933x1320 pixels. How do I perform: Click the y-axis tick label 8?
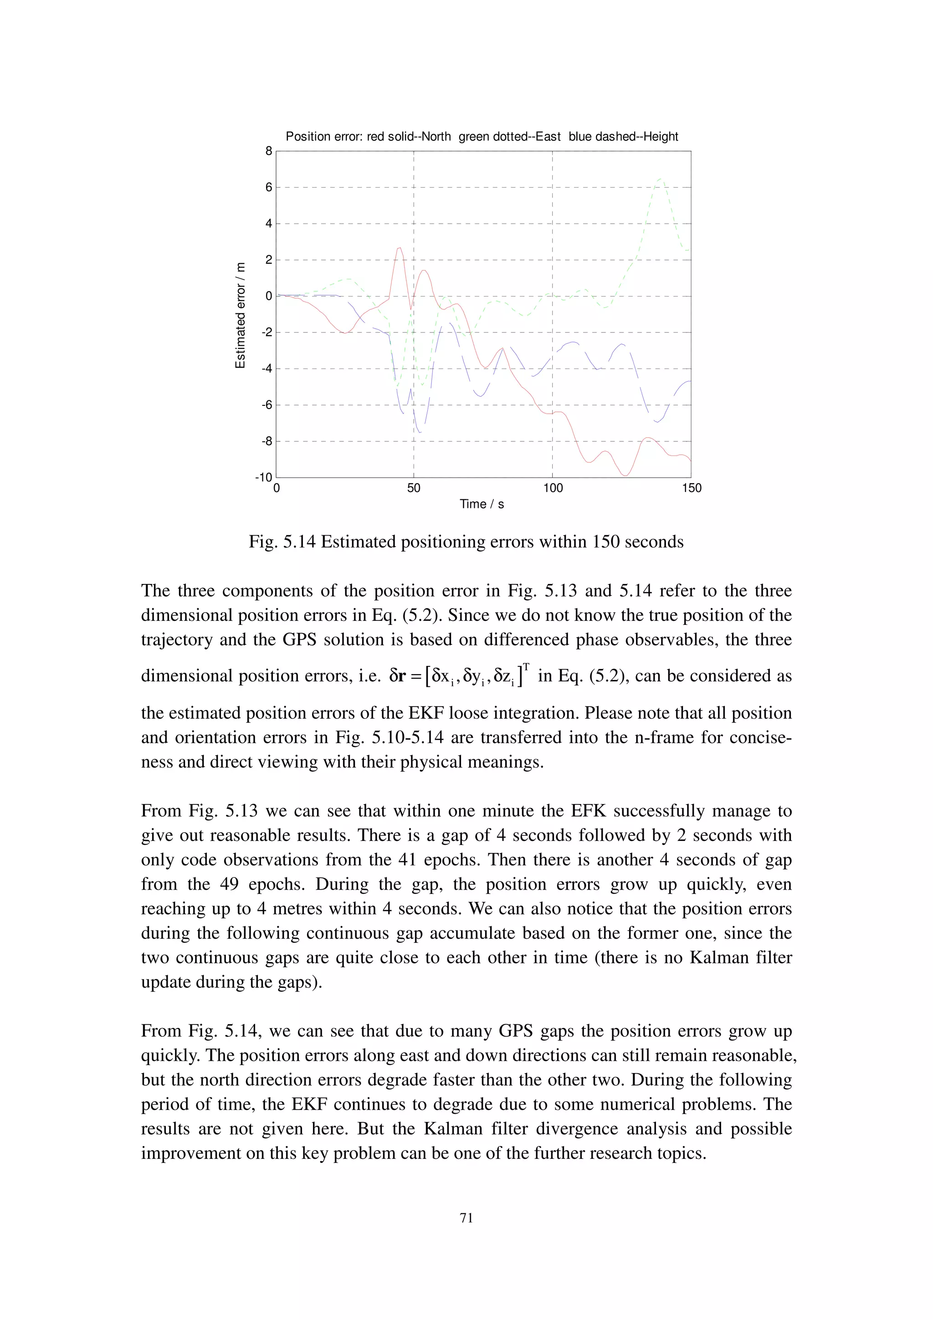[x=268, y=151]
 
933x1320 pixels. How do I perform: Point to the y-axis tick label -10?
[x=263, y=478]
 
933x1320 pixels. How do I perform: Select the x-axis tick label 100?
[x=553, y=489]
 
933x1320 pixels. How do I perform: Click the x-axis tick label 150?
[x=692, y=489]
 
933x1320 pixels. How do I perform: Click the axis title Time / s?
[x=482, y=504]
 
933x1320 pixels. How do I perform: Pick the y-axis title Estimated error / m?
[x=240, y=315]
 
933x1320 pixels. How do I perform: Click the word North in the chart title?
[x=436, y=137]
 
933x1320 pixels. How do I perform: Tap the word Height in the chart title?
[x=661, y=137]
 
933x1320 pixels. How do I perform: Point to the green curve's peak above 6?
[x=660, y=179]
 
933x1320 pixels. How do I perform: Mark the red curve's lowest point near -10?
[x=625, y=476]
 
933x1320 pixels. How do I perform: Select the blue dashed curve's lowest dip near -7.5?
[x=420, y=432]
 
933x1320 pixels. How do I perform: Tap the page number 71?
[x=466, y=1217]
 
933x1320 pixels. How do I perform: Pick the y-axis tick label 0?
[x=268, y=296]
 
